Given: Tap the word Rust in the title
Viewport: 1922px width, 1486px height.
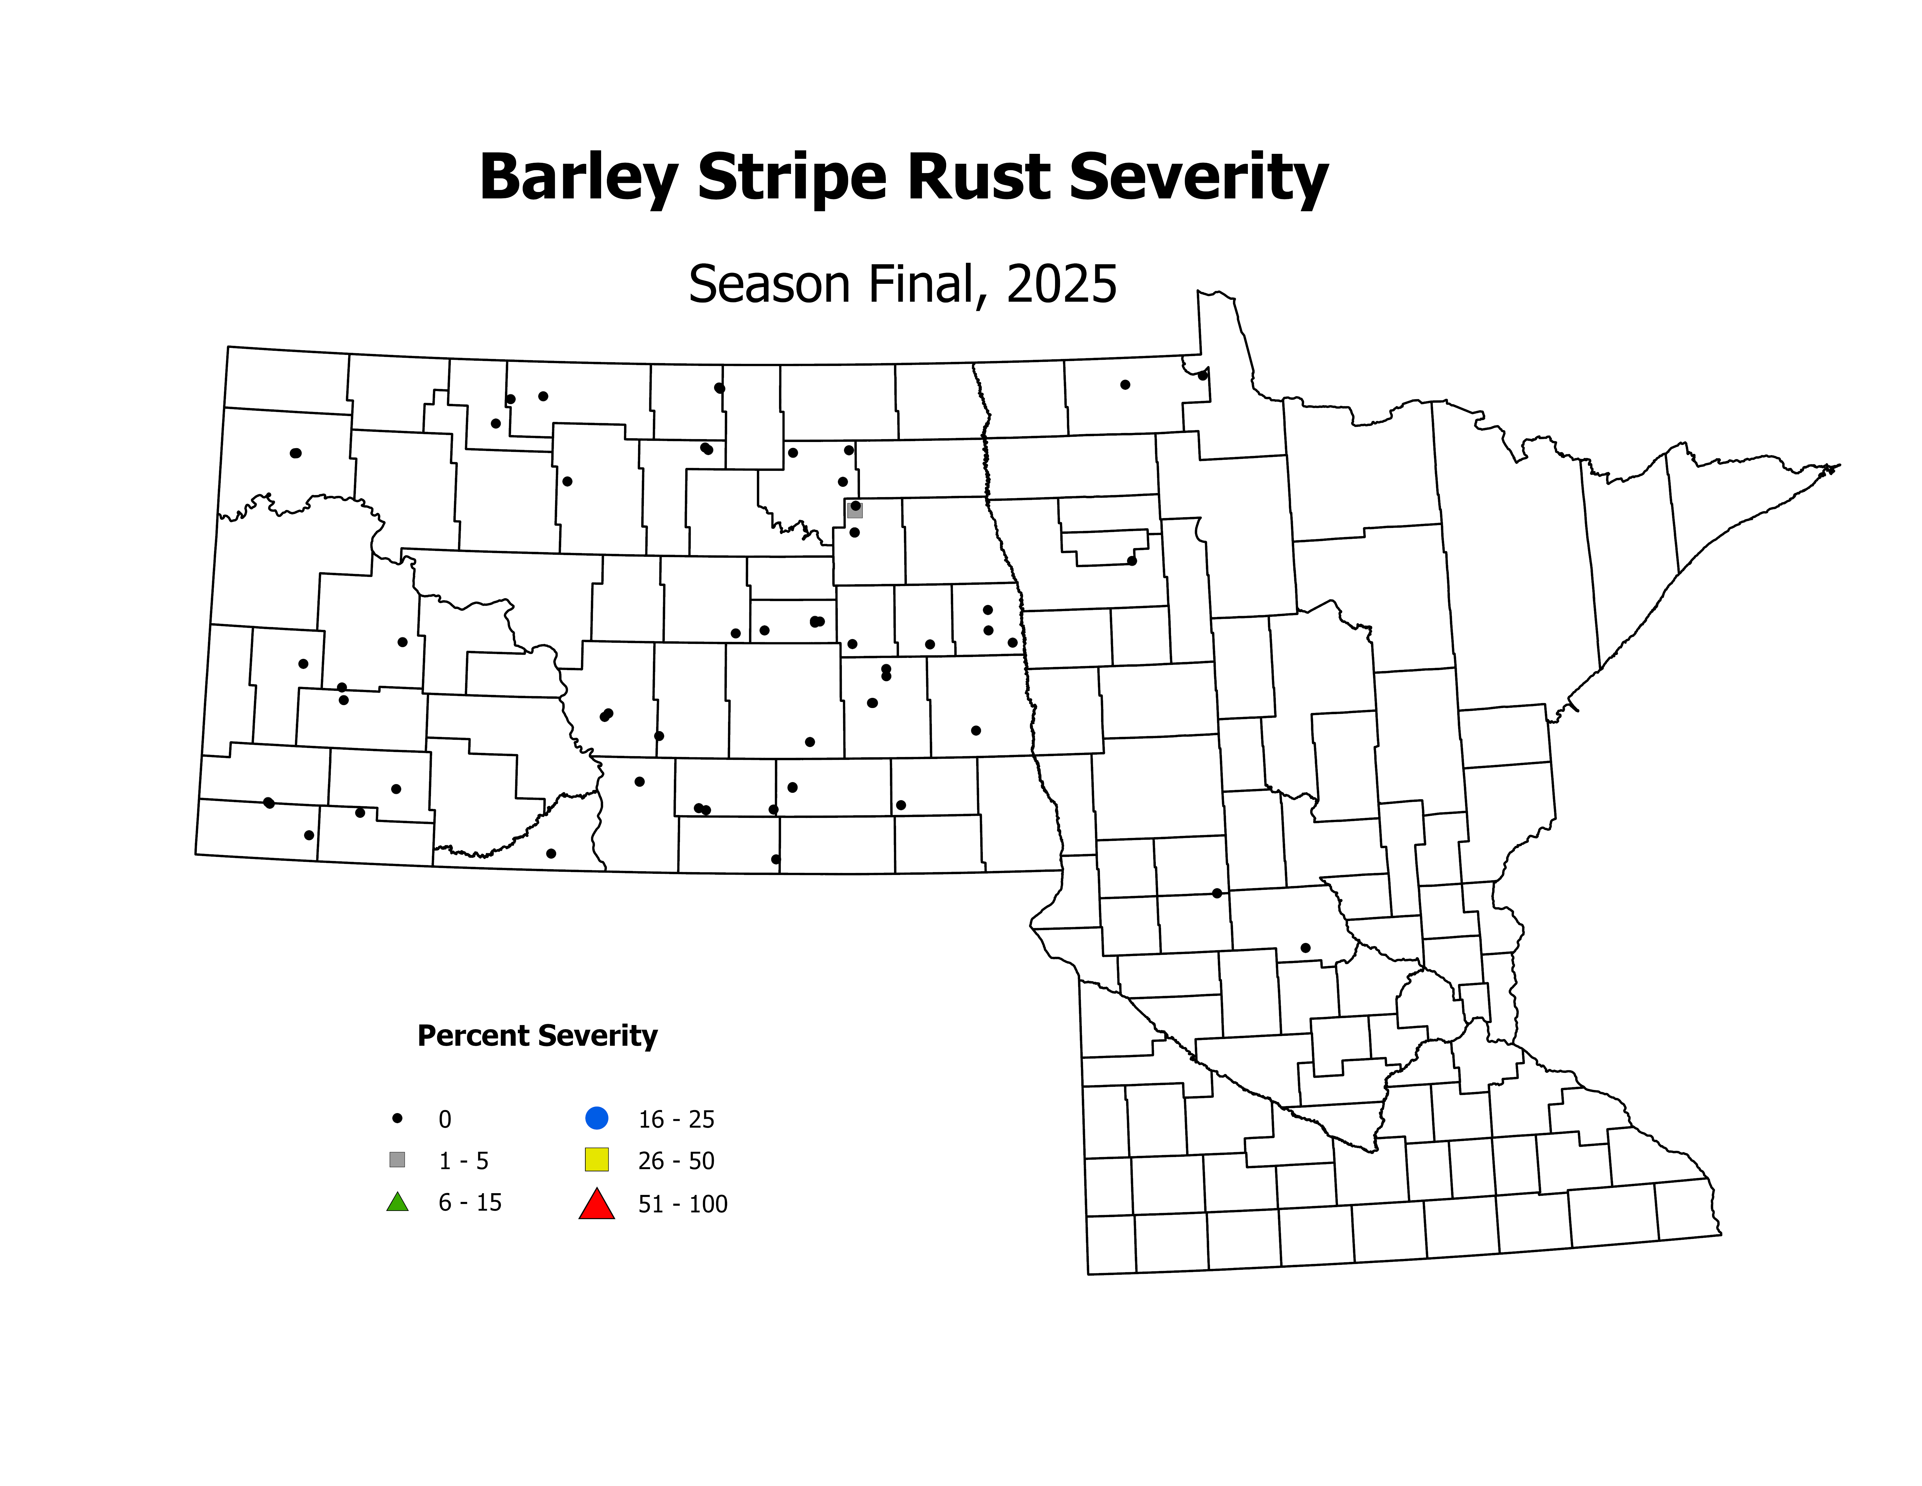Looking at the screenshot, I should [x=978, y=178].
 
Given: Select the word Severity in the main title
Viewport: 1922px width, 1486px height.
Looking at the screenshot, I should [x=1199, y=178].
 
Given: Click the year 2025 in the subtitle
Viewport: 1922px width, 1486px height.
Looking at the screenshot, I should [x=1061, y=285].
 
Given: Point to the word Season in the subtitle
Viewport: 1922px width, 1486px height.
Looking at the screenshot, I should [x=771, y=285].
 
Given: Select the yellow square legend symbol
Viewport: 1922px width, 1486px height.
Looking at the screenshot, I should [x=597, y=1160].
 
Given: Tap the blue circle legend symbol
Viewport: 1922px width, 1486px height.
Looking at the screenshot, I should [x=597, y=1118].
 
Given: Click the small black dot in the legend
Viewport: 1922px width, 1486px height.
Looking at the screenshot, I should [x=397, y=1118].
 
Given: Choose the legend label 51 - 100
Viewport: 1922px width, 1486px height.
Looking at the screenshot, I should [x=683, y=1204].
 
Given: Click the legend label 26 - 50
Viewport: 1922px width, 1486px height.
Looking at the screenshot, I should [x=676, y=1161].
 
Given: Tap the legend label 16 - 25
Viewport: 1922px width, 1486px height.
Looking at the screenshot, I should [x=676, y=1120].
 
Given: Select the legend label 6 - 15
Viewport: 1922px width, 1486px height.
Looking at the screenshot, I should [x=470, y=1202].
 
